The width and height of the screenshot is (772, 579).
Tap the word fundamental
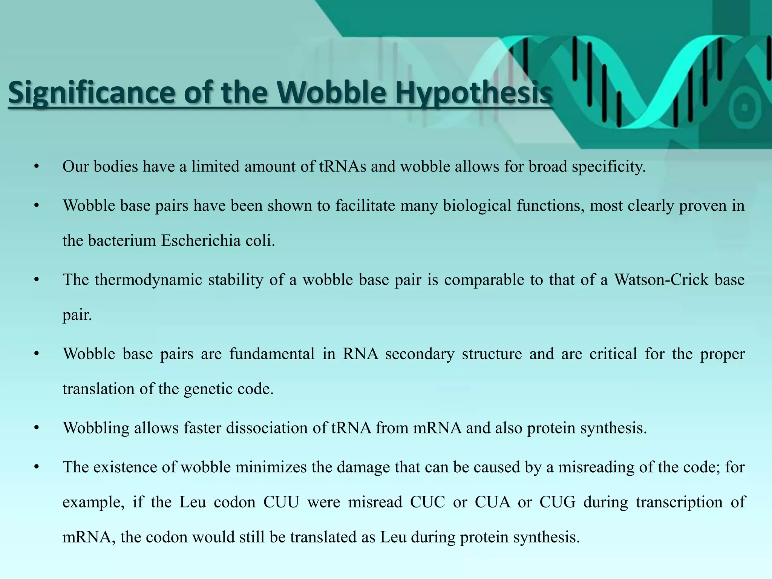point(272,354)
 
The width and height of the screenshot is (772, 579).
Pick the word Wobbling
point(96,427)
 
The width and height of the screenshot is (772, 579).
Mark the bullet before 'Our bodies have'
point(36,166)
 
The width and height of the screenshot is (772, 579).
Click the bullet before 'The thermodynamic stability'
point(36,280)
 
